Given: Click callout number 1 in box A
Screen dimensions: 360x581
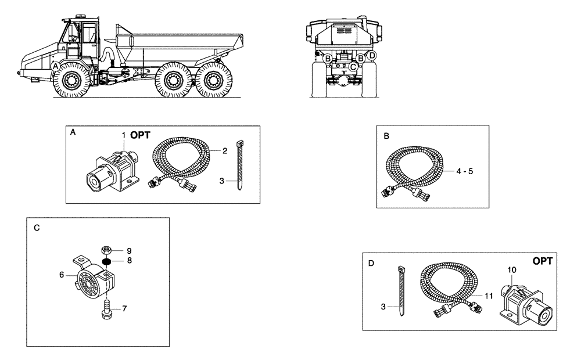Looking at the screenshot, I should point(124,135).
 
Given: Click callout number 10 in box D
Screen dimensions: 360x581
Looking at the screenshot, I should point(511,270).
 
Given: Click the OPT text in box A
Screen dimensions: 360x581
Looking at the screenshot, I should point(140,135).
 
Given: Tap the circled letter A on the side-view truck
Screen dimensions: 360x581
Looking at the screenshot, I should point(55,67).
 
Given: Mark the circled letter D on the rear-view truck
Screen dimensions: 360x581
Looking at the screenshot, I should point(372,55).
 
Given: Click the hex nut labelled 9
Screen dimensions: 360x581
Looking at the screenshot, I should point(106,251).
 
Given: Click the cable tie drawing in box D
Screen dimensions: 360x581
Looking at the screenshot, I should point(401,290).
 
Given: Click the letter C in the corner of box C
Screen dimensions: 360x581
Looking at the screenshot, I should point(37,228).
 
